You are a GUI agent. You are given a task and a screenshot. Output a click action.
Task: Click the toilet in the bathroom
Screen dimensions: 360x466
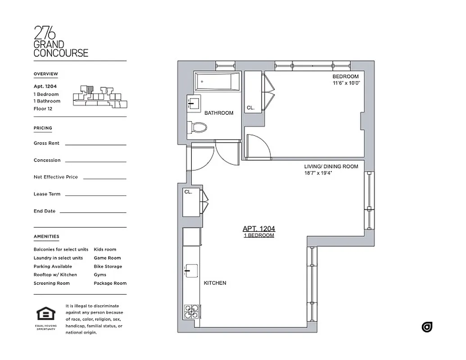(x=197, y=128)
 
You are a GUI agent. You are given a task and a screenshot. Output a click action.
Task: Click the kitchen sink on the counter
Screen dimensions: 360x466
(x=190, y=271)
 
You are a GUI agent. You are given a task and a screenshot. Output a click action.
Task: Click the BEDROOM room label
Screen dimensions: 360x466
(x=346, y=76)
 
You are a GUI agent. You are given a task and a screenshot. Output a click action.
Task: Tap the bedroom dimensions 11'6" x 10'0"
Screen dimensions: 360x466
(x=346, y=83)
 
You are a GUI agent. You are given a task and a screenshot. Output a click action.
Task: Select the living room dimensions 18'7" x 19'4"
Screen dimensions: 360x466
(x=318, y=173)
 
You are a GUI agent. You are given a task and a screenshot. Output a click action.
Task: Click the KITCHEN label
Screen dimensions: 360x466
(x=215, y=283)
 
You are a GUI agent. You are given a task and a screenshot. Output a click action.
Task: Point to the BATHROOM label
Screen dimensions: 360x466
(x=219, y=113)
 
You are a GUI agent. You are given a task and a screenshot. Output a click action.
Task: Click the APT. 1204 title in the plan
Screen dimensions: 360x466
(x=259, y=229)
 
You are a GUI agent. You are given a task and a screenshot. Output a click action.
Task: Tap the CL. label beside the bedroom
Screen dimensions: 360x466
(x=250, y=108)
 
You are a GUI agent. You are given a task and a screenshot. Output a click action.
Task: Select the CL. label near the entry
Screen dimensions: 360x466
(x=188, y=192)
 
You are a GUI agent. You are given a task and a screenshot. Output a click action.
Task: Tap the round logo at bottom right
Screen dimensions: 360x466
(x=427, y=327)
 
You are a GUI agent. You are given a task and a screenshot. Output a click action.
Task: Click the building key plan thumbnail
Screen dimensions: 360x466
(x=96, y=96)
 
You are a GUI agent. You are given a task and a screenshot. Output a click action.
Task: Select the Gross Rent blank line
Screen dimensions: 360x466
(x=95, y=144)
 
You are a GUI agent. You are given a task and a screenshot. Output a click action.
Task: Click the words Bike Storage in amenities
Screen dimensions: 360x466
(x=108, y=266)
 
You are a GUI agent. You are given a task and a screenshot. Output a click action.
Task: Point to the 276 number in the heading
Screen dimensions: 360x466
(x=45, y=33)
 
